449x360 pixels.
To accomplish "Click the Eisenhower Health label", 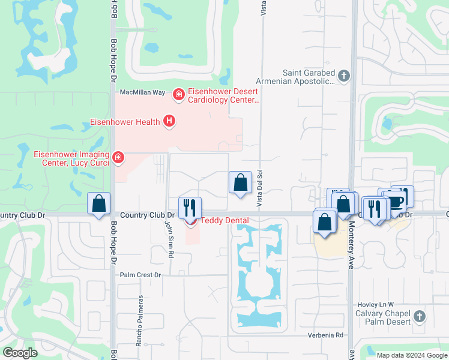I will pos(125,122).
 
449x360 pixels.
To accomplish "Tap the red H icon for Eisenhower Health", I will pos(170,122).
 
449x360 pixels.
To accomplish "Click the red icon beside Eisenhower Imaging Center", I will pos(119,157).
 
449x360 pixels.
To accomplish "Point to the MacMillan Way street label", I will pos(142,92).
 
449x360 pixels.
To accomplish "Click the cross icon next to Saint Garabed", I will pos(343,76).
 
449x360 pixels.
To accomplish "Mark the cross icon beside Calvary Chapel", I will pos(420,316).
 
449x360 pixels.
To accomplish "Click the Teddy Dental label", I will pos(224,220).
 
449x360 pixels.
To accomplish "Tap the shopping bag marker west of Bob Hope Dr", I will pos(99,204).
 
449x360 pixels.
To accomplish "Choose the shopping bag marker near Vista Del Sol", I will pos(240,182).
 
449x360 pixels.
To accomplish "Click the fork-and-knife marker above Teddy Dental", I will pos(190,208).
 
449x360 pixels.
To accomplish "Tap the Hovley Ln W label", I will pos(375,304).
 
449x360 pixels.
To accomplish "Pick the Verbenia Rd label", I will pos(326,335).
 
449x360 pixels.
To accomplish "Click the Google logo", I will pos(20,353).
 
